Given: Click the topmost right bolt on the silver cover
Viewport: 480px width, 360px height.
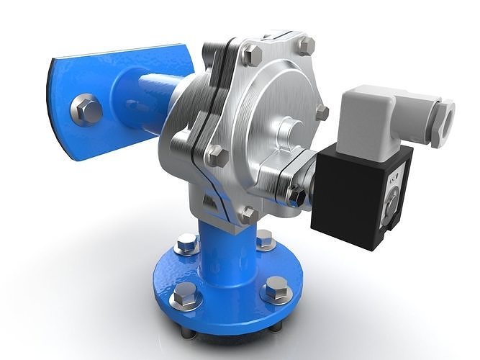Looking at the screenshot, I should point(306,47).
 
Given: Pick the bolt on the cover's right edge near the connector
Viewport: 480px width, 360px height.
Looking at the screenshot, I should point(322,112).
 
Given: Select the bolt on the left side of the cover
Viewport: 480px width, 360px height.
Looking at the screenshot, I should point(216,156).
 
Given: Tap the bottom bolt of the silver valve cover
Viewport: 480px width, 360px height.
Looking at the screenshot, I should point(248,214).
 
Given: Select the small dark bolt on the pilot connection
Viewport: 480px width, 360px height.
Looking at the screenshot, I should point(295,194).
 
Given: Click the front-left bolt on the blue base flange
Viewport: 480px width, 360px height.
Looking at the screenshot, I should point(184,293).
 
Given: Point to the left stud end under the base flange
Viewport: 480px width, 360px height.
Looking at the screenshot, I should point(189,332).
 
